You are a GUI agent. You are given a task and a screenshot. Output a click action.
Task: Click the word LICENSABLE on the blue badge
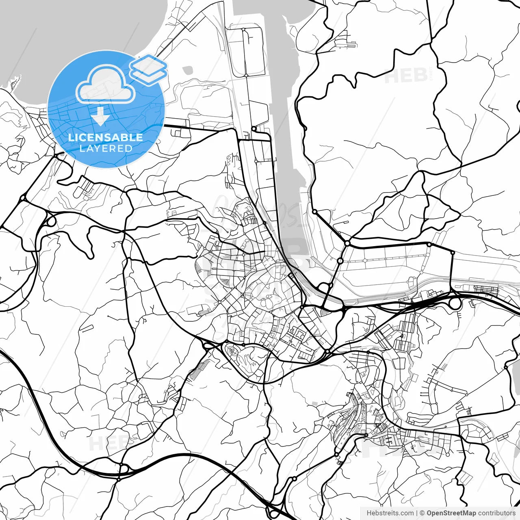106,137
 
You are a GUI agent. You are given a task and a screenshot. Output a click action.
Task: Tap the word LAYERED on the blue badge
106,148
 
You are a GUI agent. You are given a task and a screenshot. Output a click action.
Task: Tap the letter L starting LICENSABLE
71,137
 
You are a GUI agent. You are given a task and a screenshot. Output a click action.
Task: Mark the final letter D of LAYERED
129,148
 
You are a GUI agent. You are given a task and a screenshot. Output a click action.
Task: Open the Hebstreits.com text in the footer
390,513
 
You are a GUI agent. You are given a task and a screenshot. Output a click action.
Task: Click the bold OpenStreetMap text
451,513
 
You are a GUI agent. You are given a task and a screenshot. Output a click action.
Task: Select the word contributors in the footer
496,513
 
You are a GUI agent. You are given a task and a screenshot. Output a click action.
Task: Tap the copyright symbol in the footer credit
422,513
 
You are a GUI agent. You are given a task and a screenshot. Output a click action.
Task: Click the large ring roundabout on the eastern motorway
454,303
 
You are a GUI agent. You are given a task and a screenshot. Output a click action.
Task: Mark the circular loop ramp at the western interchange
50,221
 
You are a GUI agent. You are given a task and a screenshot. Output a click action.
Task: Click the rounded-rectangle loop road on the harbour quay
252,51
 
